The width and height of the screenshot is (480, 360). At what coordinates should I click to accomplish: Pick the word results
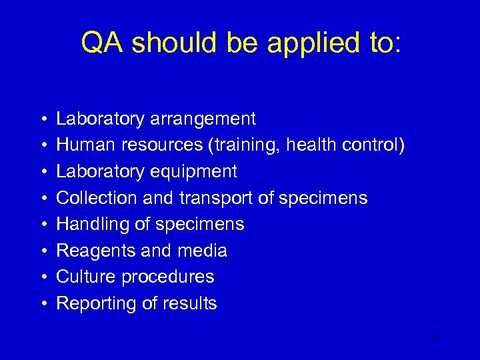coord(192,303)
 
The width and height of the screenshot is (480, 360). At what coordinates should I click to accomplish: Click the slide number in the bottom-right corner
coord(435,337)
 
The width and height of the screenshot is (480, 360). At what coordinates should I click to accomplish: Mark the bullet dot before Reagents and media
coord(42,251)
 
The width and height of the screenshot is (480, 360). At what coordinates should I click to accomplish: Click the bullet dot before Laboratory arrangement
coord(42,119)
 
